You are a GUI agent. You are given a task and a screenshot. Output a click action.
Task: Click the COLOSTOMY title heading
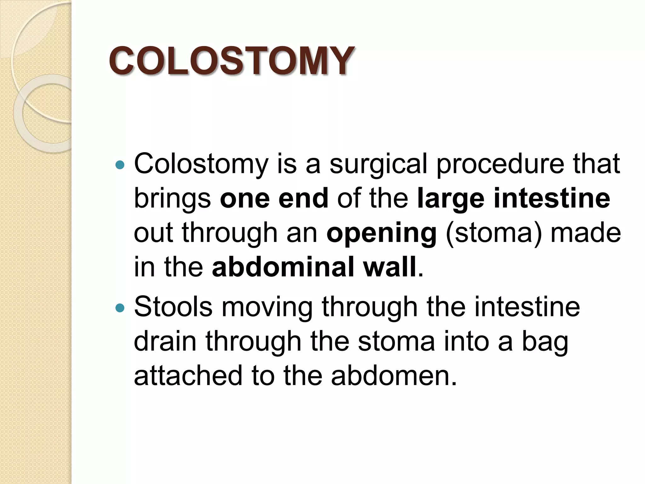click(x=232, y=60)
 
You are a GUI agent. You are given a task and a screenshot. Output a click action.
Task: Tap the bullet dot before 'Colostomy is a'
click(x=120, y=164)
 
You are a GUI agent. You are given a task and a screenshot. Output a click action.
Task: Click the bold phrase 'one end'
click(x=274, y=199)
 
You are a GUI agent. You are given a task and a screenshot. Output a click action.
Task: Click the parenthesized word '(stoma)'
click(x=494, y=233)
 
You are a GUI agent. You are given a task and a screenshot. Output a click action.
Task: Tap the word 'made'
click(x=585, y=233)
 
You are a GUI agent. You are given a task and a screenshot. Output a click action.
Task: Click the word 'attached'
click(x=188, y=376)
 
